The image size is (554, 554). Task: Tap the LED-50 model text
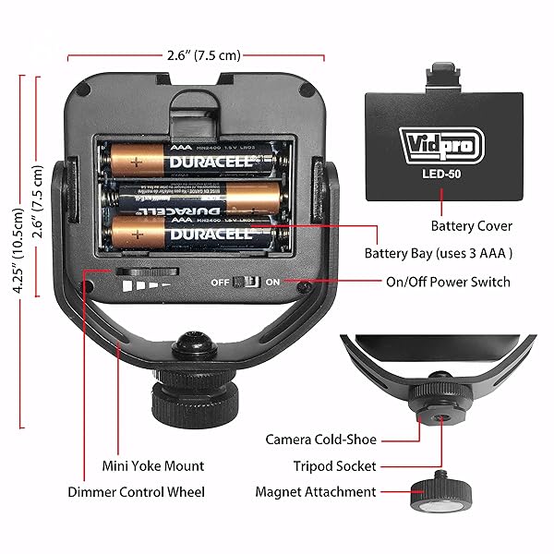click(440, 173)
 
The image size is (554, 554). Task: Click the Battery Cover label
click(471, 225)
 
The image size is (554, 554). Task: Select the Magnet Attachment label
click(315, 492)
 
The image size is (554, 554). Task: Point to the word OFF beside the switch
click(220, 282)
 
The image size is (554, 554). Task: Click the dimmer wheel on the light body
click(148, 271)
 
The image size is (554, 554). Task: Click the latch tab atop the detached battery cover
click(445, 78)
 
